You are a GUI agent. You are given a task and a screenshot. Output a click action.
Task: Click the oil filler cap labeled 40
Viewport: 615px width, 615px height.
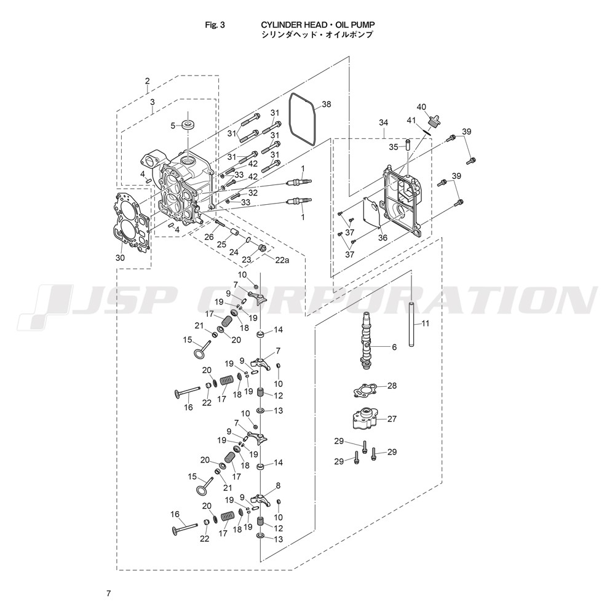pyautogui.click(x=435, y=121)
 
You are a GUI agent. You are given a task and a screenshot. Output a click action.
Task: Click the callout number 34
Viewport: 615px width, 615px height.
pyautogui.click(x=383, y=123)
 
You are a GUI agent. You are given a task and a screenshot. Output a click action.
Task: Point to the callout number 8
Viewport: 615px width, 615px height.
pyautogui.click(x=278, y=486)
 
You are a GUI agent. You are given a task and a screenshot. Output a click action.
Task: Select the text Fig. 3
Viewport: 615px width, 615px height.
pyautogui.click(x=215, y=25)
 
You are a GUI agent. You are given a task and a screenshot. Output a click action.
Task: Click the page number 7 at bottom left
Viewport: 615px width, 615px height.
pyautogui.click(x=109, y=593)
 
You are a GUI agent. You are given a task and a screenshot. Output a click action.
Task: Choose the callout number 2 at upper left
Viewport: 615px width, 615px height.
pyautogui.click(x=148, y=81)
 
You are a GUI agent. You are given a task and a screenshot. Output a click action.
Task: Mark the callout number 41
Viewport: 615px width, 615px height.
pyautogui.click(x=411, y=121)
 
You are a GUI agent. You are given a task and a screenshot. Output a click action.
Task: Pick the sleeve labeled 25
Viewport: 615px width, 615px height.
pyautogui.click(x=235, y=231)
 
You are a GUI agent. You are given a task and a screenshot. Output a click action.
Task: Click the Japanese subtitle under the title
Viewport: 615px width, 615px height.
pyautogui.click(x=317, y=34)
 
